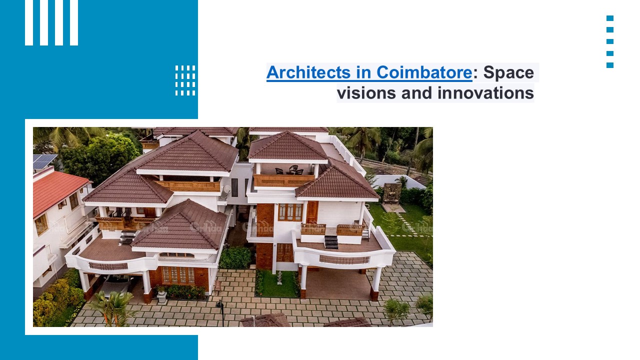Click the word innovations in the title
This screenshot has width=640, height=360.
pos(485,93)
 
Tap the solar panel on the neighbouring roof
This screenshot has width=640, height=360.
pos(44,161)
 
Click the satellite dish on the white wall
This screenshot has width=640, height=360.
pos(225,190)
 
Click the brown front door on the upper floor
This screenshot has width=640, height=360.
pos(312,212)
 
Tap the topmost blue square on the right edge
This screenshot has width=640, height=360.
pos(610,18)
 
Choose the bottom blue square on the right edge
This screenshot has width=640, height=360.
pos(610,65)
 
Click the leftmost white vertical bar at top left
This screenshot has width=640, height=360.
pos(29,22)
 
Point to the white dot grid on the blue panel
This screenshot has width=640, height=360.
pos(185,80)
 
